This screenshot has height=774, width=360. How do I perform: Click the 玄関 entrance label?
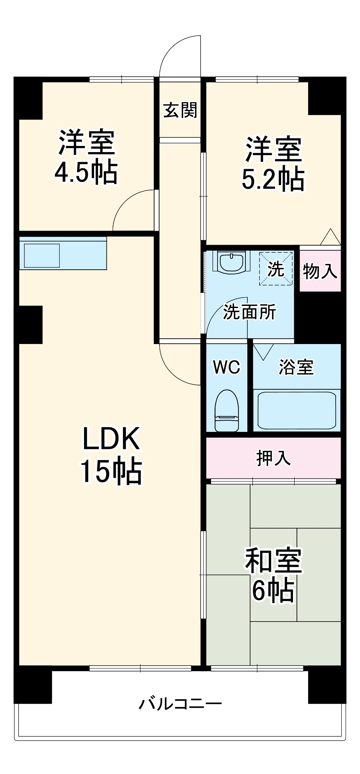tap(180, 110)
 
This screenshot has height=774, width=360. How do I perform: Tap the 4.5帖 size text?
tap(86, 172)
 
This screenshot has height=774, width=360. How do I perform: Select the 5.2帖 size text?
tap(273, 179)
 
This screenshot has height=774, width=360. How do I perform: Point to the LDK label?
tap(111, 438)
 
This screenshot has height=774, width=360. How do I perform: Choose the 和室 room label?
tap(273, 561)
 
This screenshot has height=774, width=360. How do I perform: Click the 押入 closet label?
tap(273, 458)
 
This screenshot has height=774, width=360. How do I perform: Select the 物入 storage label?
tap(320, 271)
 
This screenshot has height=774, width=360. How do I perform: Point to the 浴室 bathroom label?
tap(296, 367)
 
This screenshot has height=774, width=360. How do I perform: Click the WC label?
tap(226, 367)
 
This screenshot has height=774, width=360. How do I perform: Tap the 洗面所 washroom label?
tap(250, 312)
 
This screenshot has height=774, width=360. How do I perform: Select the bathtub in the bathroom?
tap(297, 410)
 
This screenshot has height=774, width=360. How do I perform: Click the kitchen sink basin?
tap(42, 255)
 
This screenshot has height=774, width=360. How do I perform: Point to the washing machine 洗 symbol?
tap(276, 269)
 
